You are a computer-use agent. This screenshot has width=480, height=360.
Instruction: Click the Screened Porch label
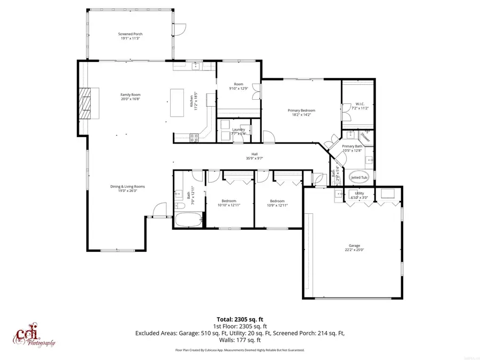[x=130, y=34]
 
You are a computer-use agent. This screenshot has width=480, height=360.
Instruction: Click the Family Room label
[x=130, y=94]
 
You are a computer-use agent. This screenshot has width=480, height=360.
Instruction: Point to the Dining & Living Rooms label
[x=127, y=187]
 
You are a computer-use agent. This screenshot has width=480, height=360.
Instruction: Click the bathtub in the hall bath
[x=189, y=219]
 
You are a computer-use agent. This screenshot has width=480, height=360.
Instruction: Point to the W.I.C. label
[x=359, y=104]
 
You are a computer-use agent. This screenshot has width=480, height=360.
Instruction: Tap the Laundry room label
[x=238, y=129]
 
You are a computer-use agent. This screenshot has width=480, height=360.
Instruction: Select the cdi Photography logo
[x=34, y=334]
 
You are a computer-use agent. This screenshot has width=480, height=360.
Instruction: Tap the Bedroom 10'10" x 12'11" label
[x=229, y=203]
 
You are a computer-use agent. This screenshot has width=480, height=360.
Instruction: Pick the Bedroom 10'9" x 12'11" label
[x=276, y=203]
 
